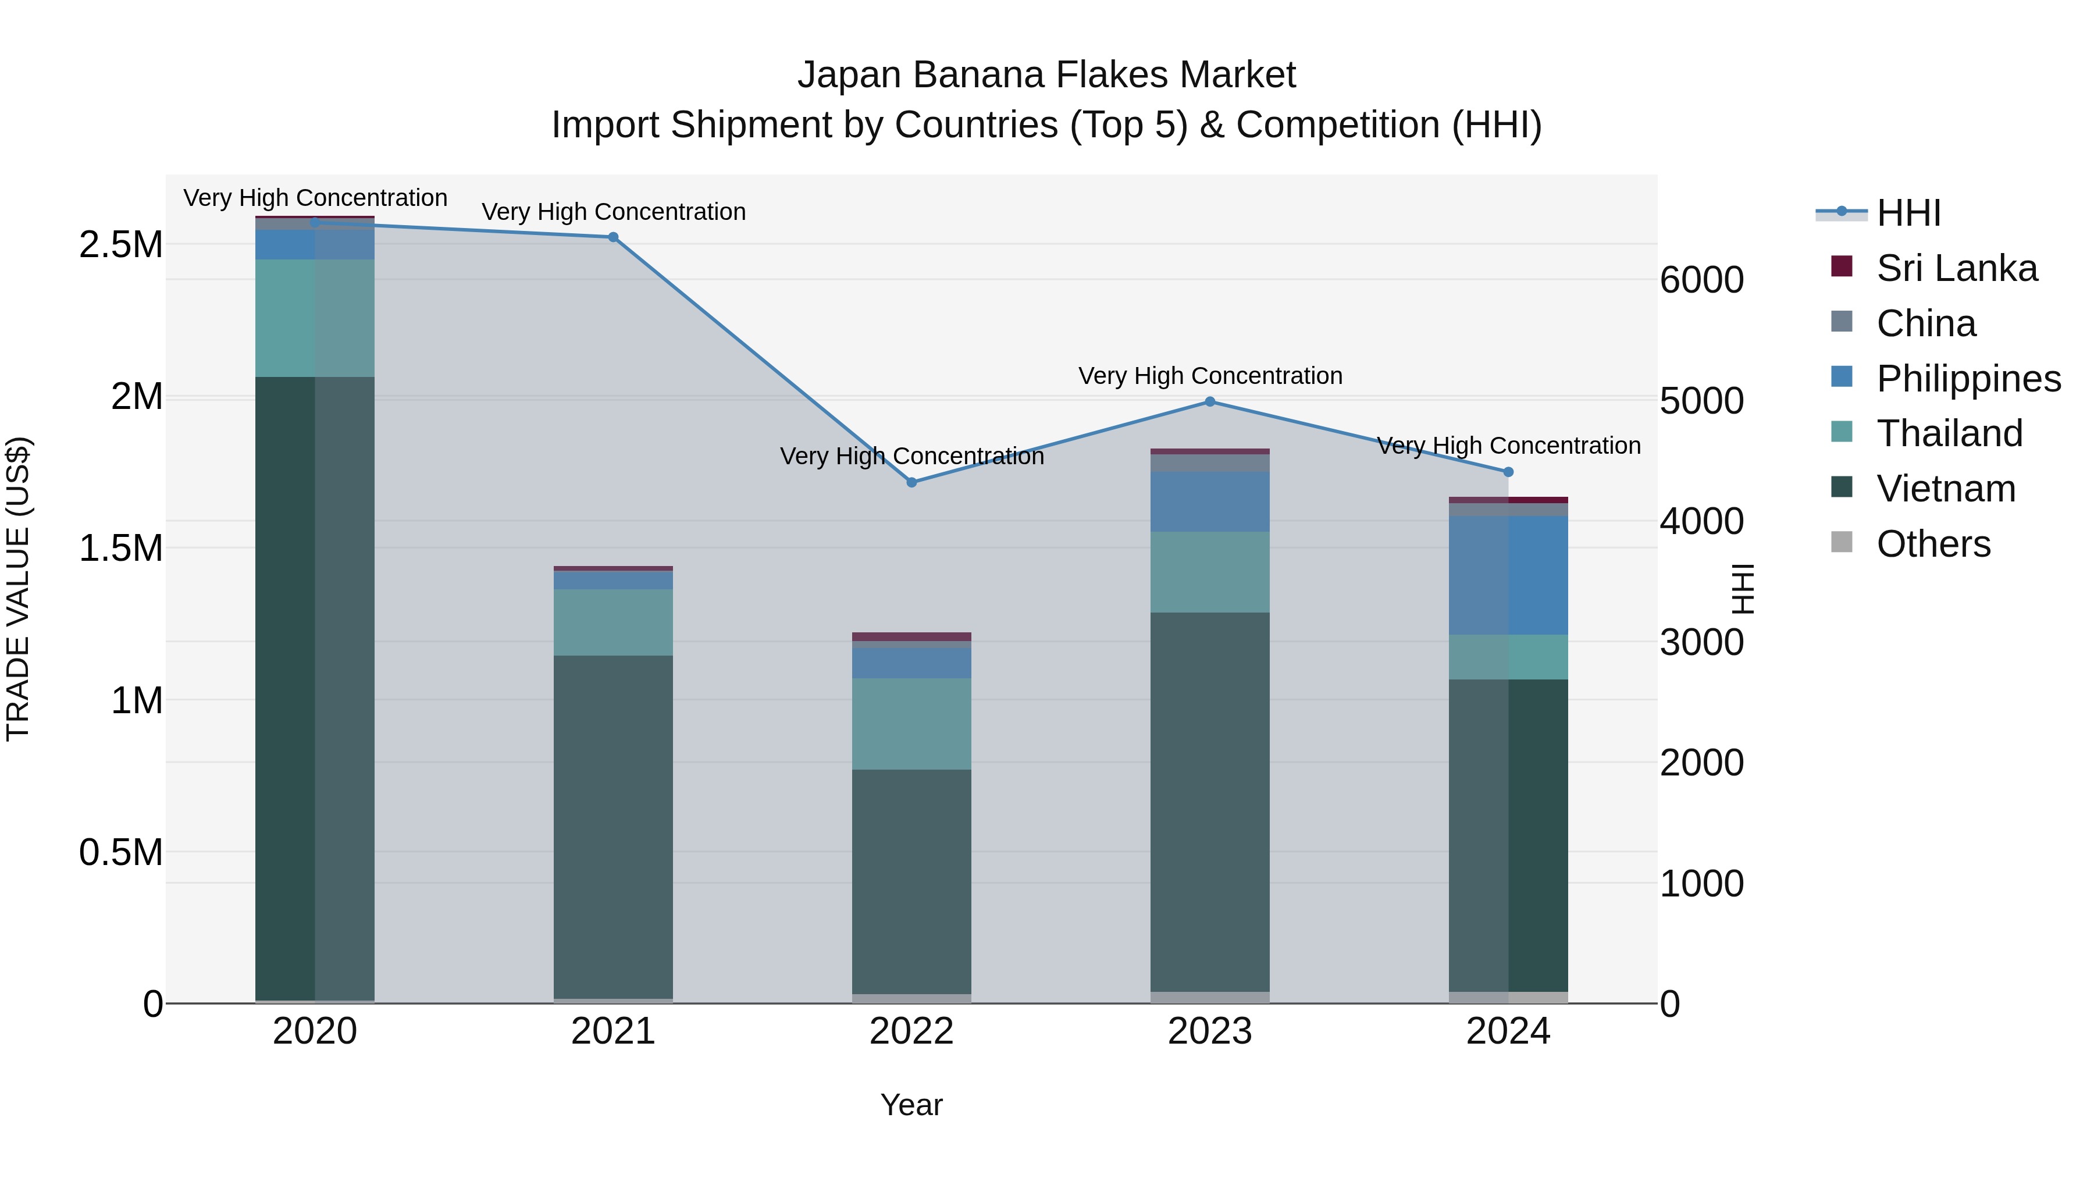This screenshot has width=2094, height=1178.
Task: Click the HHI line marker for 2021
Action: click(x=613, y=237)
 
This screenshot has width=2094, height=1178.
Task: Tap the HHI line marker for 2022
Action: click(x=911, y=482)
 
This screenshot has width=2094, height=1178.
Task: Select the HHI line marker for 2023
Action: click(x=1210, y=401)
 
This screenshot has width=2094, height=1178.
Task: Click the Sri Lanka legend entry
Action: click(x=1956, y=268)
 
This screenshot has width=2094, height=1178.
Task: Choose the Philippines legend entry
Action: click(x=1968, y=378)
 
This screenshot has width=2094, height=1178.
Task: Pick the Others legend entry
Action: click(x=1933, y=544)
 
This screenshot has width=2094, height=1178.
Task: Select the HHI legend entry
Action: click(x=1908, y=213)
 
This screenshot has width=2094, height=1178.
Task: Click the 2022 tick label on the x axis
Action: click(x=911, y=1031)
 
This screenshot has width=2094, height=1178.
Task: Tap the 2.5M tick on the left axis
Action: click(x=121, y=244)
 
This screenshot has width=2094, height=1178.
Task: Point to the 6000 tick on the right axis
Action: click(x=1701, y=280)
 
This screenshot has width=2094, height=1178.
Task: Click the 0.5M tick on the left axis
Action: click(x=121, y=852)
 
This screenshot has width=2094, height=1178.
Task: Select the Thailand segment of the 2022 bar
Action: click(x=911, y=724)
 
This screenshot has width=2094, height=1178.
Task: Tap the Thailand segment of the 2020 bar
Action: click(x=315, y=318)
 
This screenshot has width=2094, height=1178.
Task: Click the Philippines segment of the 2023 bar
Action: click(x=1210, y=501)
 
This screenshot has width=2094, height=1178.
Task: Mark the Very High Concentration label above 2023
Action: click(x=1210, y=376)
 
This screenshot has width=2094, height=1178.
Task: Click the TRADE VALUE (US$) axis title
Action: click(x=18, y=589)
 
